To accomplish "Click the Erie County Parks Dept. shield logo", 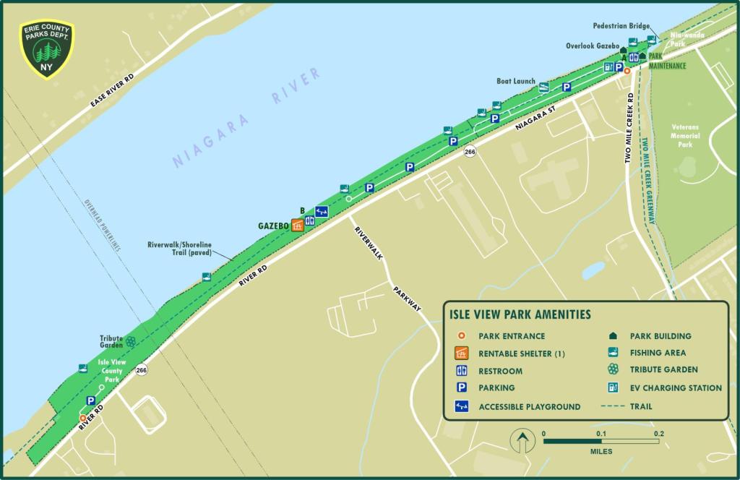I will click(x=47, y=49).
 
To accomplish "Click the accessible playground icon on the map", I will click(x=322, y=212).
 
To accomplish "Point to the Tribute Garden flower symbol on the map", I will click(x=130, y=341).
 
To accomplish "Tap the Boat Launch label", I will click(x=515, y=81).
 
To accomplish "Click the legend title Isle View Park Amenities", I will click(x=520, y=314).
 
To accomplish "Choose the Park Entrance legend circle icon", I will click(x=461, y=336).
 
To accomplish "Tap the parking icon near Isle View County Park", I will click(x=91, y=400).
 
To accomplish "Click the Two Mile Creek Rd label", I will click(x=630, y=127).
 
